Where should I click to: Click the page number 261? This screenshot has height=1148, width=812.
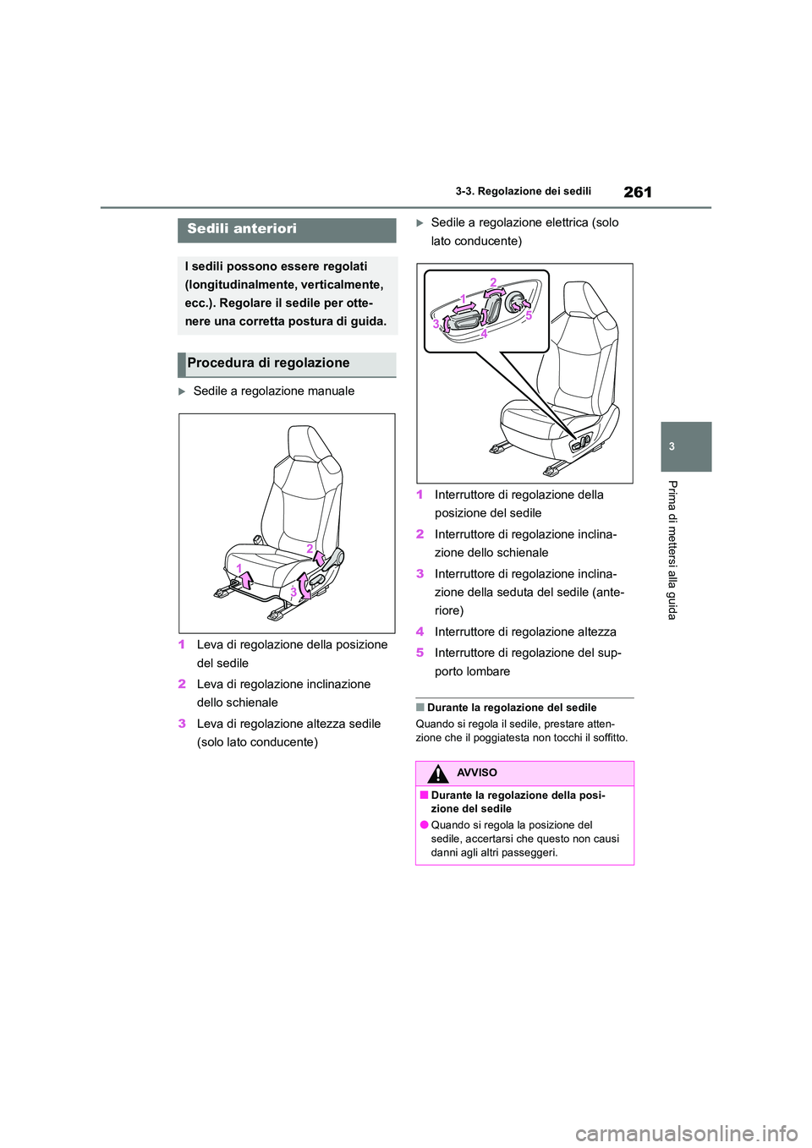coord(638,192)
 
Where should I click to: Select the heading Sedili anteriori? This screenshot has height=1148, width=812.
coord(242,229)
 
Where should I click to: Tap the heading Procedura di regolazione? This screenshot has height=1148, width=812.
coord(268,364)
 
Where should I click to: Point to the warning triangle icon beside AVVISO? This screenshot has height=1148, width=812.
coord(437,774)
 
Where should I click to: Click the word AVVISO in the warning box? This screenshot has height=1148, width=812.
coord(477,774)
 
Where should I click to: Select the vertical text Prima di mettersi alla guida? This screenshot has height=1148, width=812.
coord(672,549)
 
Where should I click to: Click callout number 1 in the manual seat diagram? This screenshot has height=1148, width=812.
coord(239,566)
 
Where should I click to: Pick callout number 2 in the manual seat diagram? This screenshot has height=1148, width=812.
coord(310,549)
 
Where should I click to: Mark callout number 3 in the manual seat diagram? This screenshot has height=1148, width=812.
coord(293,592)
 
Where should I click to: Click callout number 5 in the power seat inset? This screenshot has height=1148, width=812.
coord(528,314)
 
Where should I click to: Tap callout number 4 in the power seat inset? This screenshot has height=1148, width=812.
coord(484,334)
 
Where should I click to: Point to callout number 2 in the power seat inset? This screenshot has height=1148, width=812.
coord(492,282)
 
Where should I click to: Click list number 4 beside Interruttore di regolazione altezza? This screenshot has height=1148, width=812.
coord(420,632)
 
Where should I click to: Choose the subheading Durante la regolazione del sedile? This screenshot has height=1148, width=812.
coord(512,708)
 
